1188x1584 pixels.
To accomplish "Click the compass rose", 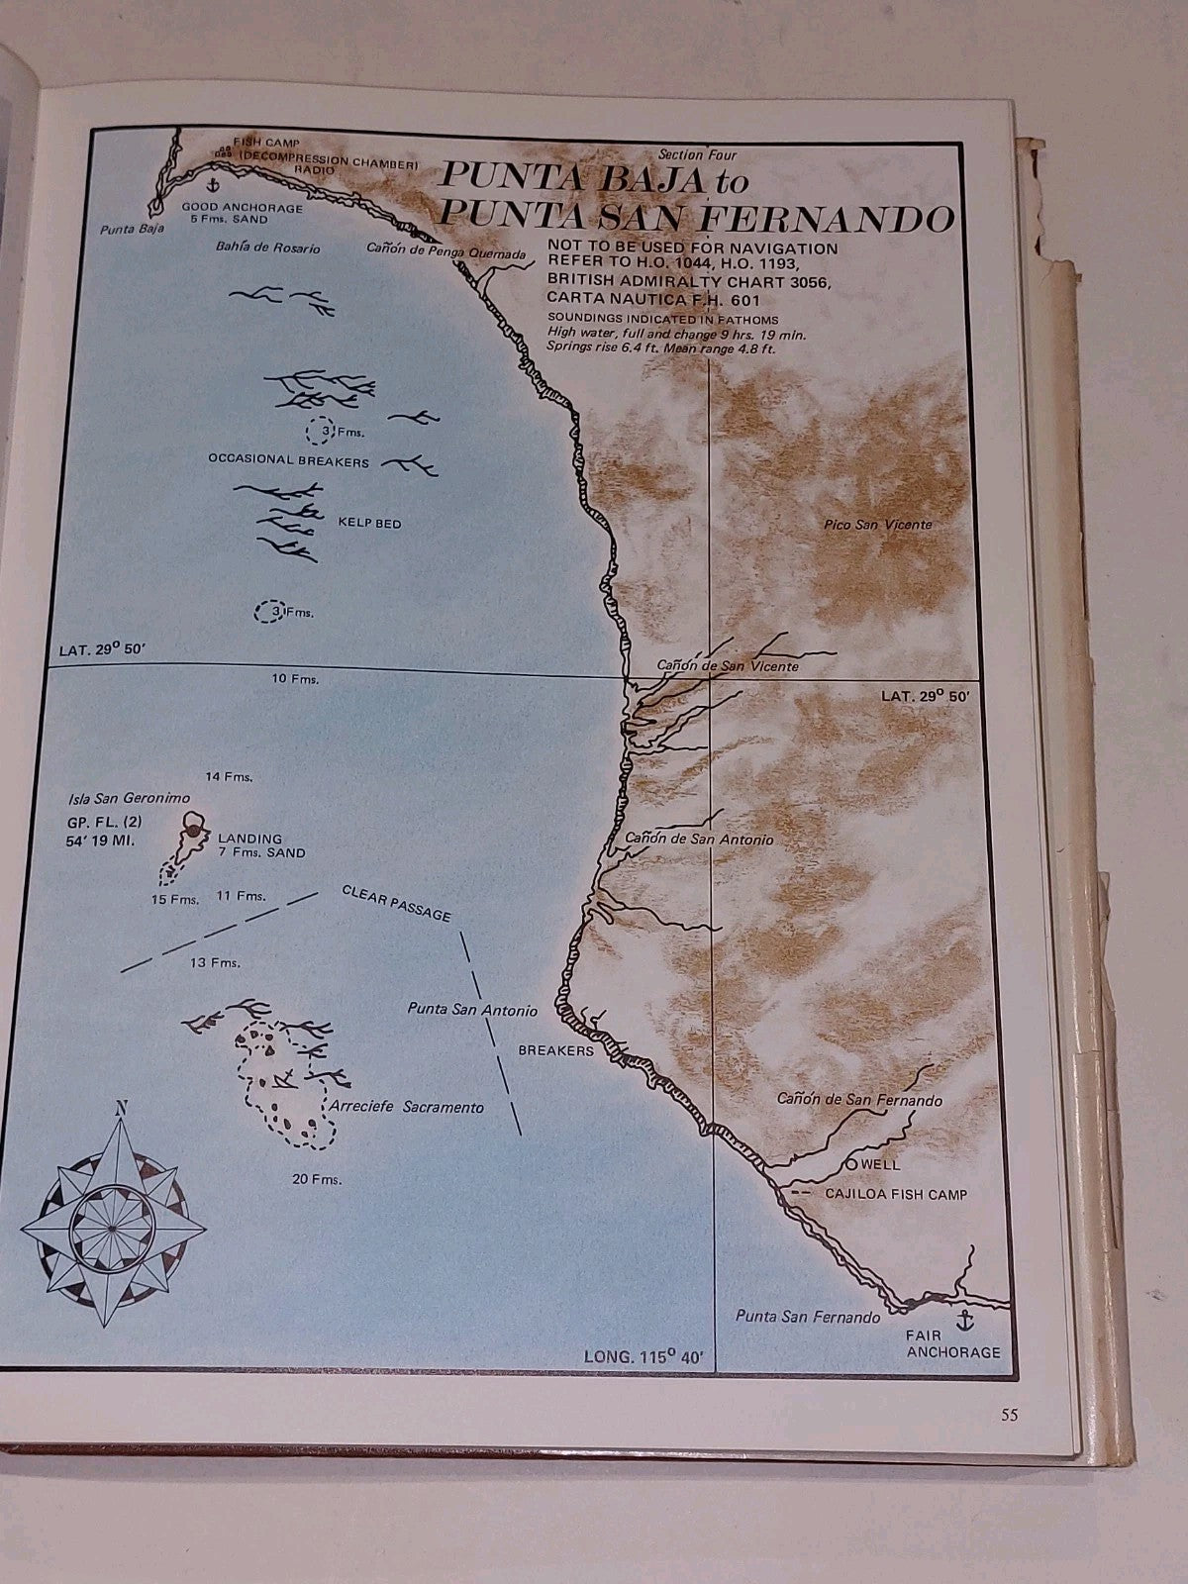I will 112,1217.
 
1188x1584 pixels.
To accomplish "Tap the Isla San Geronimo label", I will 129,798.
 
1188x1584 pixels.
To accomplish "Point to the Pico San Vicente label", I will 877,525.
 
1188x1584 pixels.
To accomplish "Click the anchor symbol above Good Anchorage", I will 211,184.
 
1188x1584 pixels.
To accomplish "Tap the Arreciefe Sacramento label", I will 408,1107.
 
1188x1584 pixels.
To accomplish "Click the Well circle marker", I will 853,1163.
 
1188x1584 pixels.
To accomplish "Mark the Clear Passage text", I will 396,903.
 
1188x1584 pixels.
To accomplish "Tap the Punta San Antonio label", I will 472,1010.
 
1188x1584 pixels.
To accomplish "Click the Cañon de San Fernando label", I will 859,1099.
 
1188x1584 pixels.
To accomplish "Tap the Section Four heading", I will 699,154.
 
